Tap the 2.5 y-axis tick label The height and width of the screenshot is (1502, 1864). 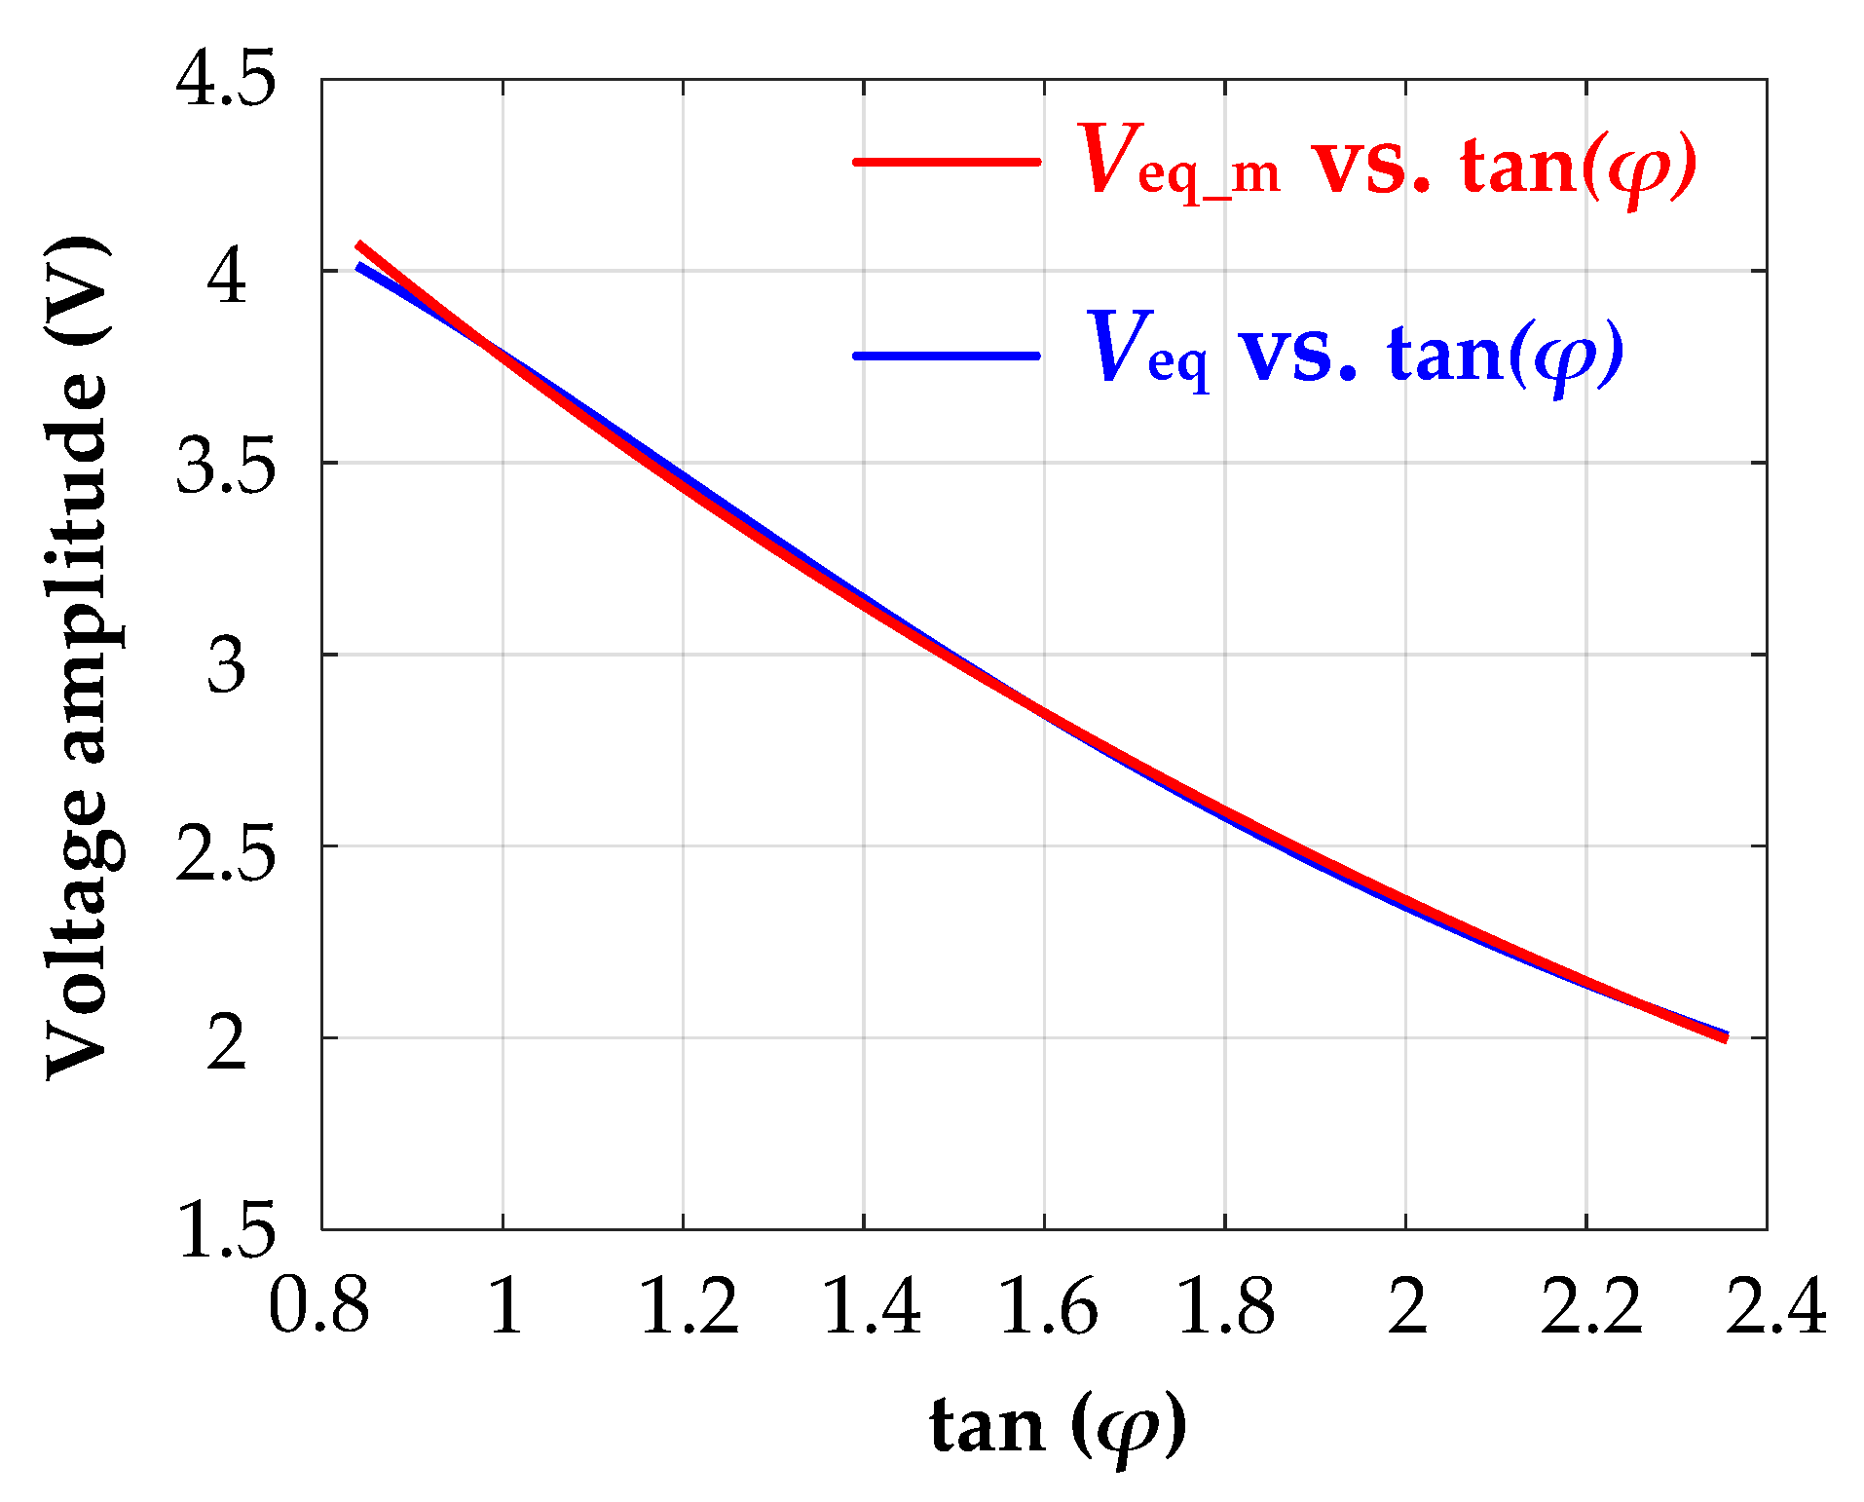click(x=225, y=848)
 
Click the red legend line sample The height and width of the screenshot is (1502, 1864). click(x=947, y=162)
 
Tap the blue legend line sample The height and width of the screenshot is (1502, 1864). click(x=947, y=356)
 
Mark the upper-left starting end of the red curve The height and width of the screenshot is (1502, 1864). click(x=359, y=244)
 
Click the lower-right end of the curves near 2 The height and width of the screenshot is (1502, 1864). click(x=1725, y=1037)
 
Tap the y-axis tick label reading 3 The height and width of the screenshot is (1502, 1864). click(x=227, y=666)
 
